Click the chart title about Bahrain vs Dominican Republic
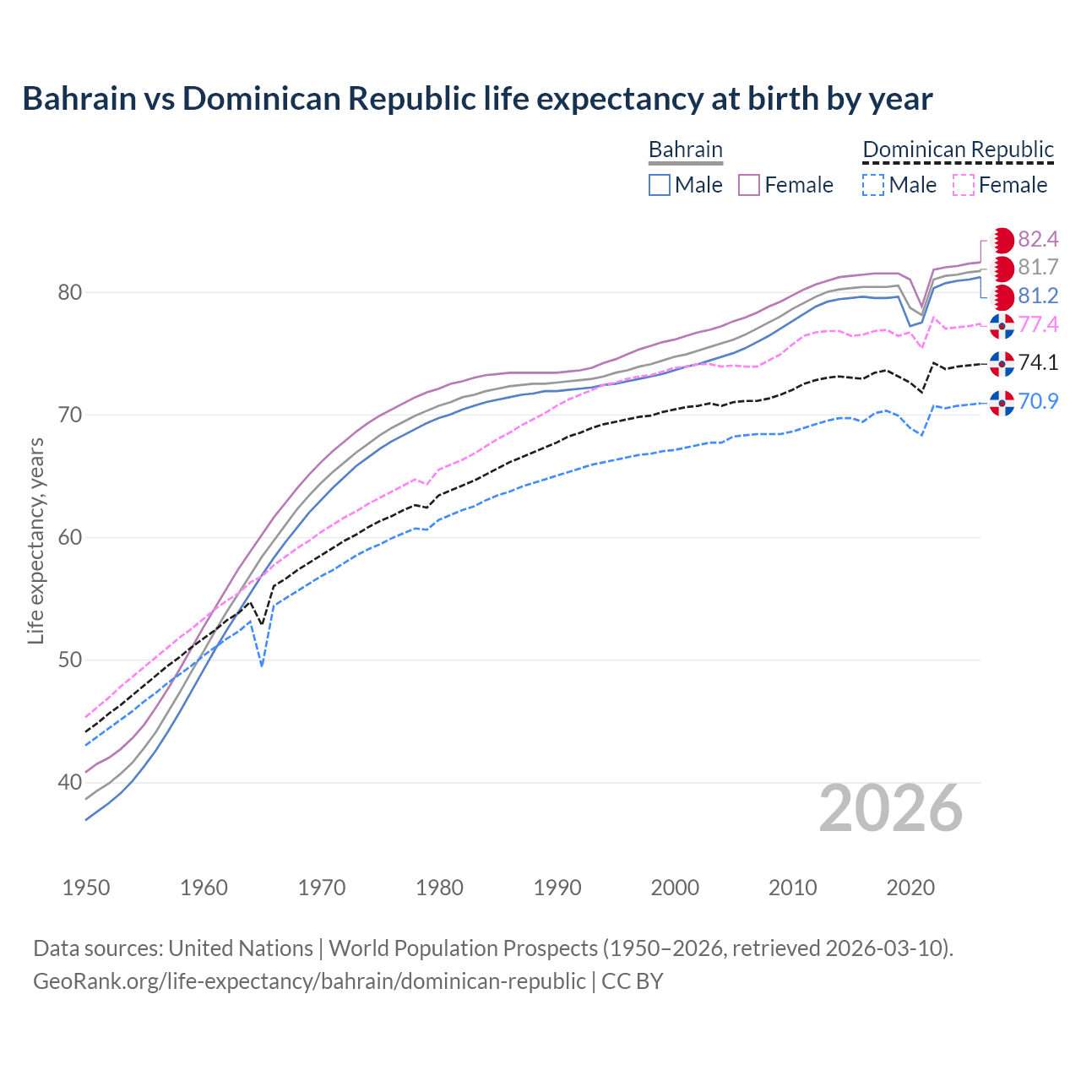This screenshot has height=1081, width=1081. (x=477, y=99)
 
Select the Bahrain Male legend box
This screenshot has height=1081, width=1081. (x=660, y=185)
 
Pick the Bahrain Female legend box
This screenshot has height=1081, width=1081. (x=749, y=185)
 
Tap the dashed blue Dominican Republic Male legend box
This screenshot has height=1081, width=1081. (x=873, y=185)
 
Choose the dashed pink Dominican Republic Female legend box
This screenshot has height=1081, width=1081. (x=964, y=185)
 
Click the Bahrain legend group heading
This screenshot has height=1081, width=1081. (x=685, y=149)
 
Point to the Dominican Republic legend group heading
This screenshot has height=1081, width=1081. (x=958, y=149)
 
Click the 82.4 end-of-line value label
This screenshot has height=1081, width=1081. (x=1038, y=239)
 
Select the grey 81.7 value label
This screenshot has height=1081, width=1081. (x=1038, y=268)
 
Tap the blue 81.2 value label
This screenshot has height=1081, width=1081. (x=1038, y=296)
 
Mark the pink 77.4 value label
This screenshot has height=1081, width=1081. (x=1038, y=324)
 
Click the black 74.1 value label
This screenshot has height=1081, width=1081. (x=1038, y=362)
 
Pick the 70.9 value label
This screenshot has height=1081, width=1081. (x=1038, y=401)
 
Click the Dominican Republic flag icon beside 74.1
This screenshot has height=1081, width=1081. (x=1002, y=363)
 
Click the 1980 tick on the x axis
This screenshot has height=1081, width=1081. (x=440, y=888)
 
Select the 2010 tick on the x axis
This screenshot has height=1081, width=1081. (x=792, y=888)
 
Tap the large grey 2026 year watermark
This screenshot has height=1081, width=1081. (x=890, y=808)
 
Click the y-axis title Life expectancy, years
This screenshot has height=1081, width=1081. (x=35, y=540)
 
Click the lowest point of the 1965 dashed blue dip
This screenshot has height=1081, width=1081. (x=262, y=665)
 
